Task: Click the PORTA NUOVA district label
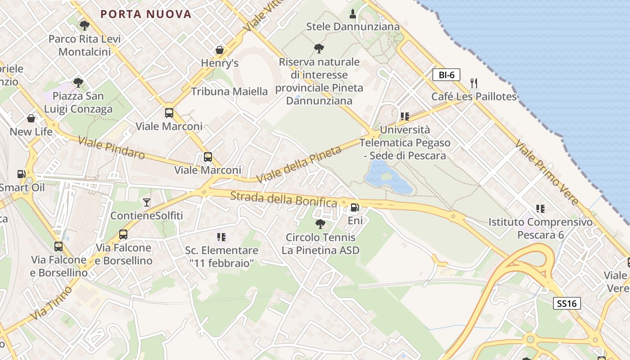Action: coord(146,14)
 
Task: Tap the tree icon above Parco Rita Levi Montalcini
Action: coord(84,25)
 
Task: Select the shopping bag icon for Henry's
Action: coord(220,49)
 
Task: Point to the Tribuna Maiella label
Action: coord(229,91)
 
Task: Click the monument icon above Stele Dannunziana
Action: coord(353,14)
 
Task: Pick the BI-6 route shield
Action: coord(446,75)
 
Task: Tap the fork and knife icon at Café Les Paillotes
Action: coord(473,83)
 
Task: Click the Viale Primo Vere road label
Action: coord(547,172)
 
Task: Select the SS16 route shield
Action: coord(567,303)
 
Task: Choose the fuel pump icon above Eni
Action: coord(355,207)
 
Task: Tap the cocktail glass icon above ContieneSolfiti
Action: coord(147,202)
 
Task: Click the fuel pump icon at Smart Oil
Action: coord(21,174)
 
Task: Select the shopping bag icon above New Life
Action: coord(31,118)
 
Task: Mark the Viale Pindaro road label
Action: coord(111,148)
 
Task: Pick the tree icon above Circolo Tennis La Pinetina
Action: coord(320,224)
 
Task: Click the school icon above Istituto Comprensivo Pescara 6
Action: coord(540,208)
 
